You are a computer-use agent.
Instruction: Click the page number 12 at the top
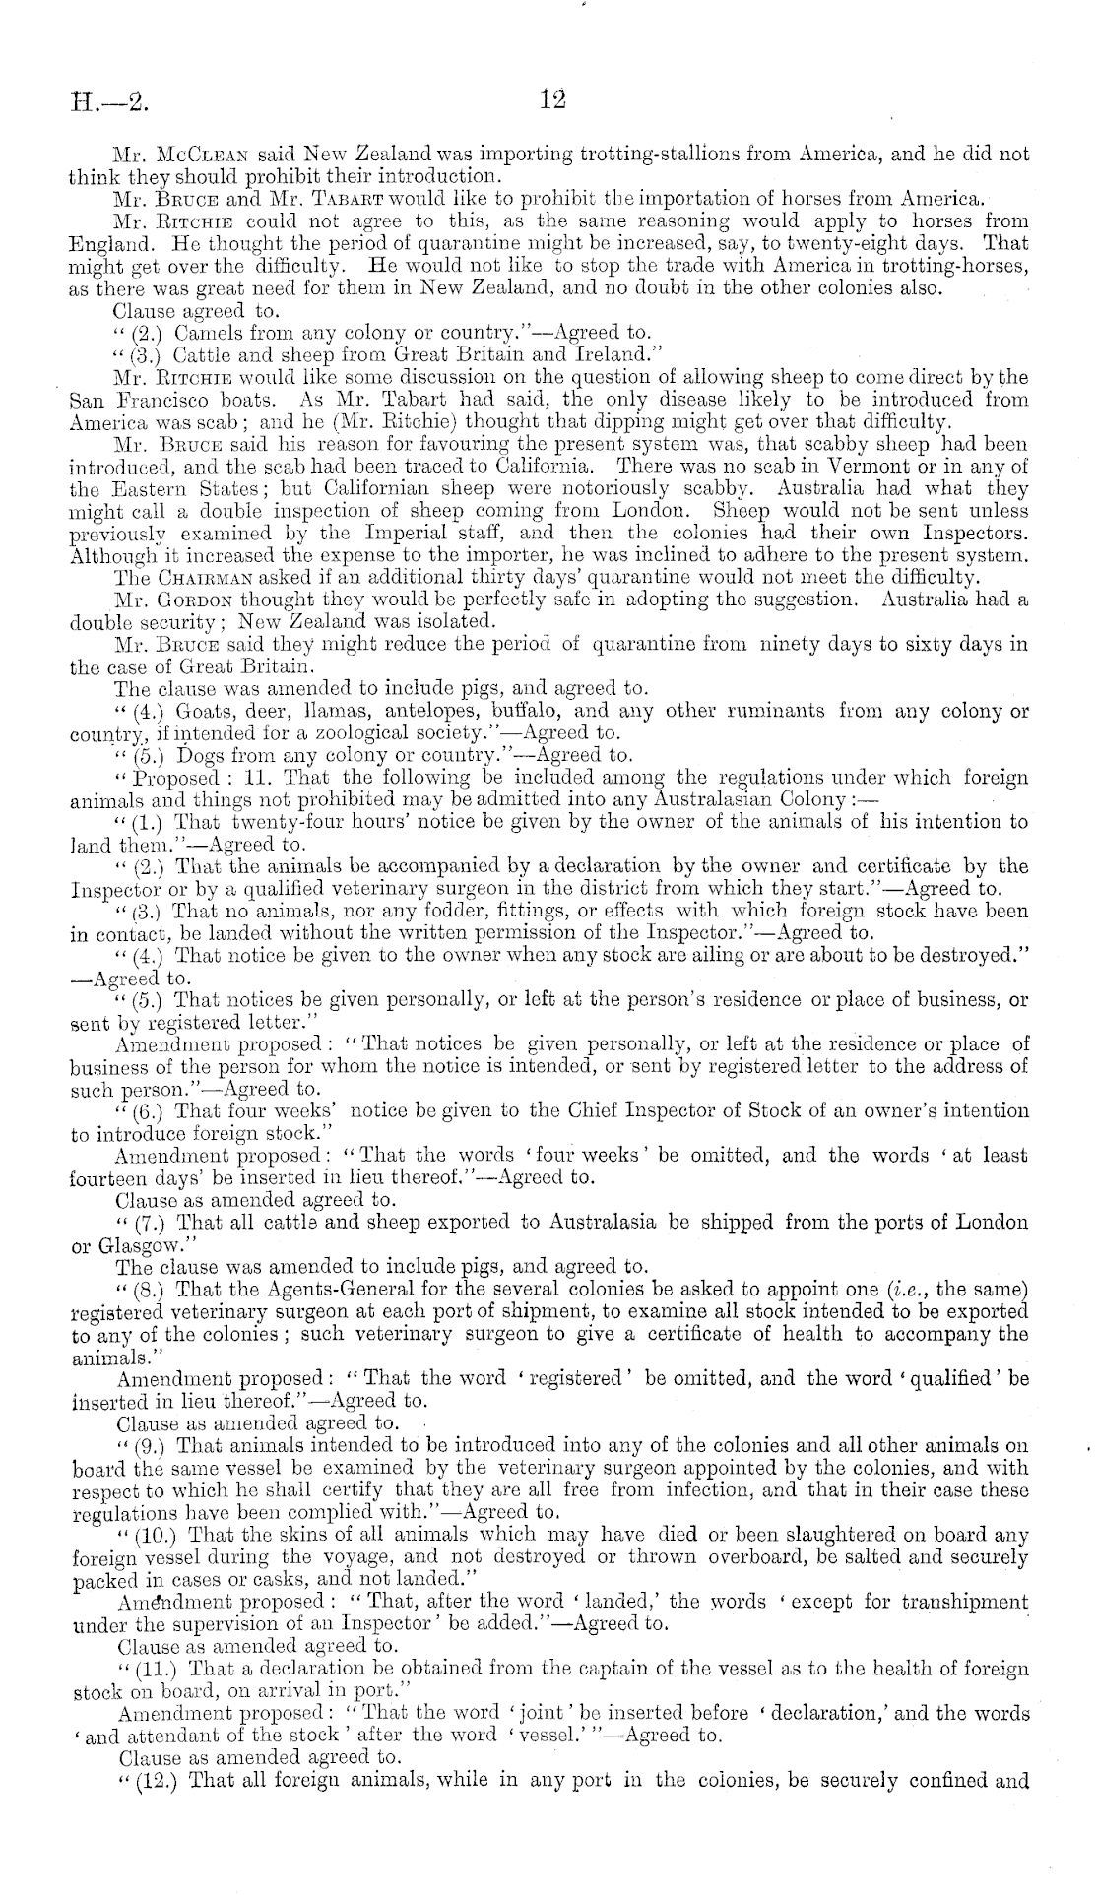[x=549, y=99]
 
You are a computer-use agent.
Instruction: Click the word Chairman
[x=209, y=576]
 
